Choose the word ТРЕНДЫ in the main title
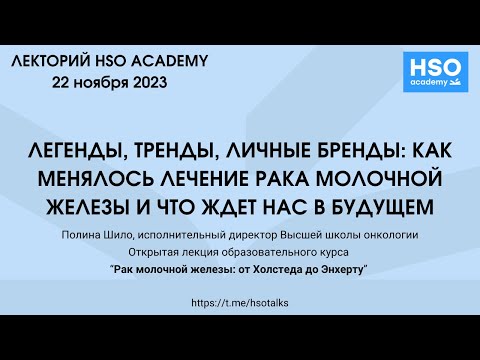click(177, 156)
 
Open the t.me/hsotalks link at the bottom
click(240, 302)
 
